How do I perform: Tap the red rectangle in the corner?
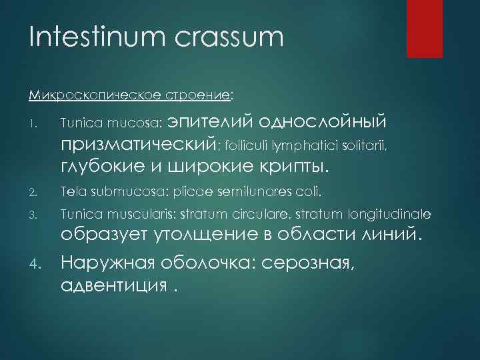point(425,28)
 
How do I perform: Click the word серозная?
point(311,264)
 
